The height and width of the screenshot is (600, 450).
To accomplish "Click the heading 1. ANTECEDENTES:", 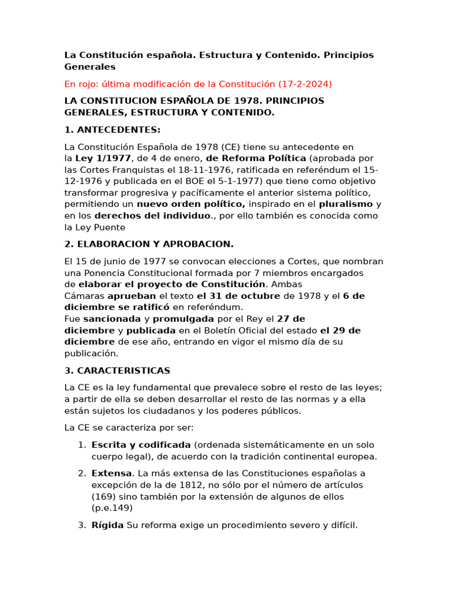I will point(112,129).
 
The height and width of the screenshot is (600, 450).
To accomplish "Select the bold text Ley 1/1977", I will point(103,158).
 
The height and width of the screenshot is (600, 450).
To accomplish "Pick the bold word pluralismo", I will point(346,204).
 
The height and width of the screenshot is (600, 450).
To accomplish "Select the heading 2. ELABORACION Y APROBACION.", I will point(149,244).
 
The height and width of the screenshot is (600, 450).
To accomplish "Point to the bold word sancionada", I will point(112,319).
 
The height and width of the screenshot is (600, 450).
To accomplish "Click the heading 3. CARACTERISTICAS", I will point(117,370).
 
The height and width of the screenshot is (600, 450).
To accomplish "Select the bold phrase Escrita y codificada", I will point(141,445).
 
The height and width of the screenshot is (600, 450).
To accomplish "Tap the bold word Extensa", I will point(111,473).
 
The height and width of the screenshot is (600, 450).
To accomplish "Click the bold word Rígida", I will point(107,525).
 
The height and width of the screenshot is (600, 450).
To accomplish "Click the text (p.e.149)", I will point(112,507).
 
